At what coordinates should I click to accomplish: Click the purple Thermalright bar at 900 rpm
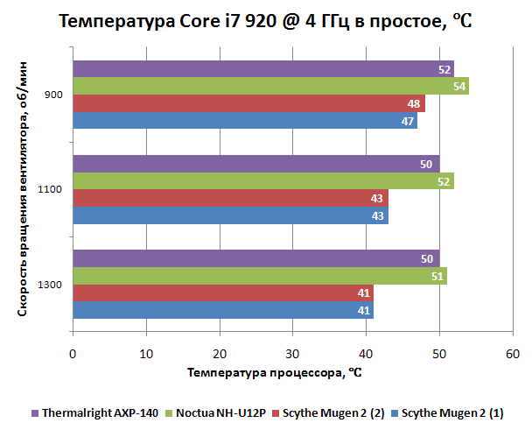262,69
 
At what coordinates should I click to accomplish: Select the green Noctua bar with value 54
270,86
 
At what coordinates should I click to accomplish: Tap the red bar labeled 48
248,103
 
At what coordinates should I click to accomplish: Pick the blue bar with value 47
245,120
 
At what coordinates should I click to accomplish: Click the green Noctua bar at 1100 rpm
262,180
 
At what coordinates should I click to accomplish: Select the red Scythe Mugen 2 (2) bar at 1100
230,198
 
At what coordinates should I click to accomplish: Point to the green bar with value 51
259,275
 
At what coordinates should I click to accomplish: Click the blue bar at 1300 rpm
223,309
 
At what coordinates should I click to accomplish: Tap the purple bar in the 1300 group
255,258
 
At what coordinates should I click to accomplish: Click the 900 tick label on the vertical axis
52,95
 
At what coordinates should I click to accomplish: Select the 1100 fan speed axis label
50,189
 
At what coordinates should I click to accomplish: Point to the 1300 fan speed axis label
50,284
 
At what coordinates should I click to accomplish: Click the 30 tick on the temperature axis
292,354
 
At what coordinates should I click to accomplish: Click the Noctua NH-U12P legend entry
218,412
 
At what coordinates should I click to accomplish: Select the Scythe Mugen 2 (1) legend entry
446,412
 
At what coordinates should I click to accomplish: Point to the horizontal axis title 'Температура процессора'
274,372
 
